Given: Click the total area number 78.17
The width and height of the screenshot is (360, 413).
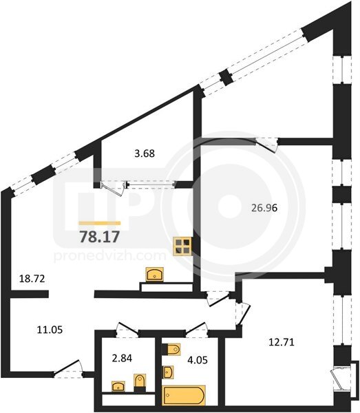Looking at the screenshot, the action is (100, 236).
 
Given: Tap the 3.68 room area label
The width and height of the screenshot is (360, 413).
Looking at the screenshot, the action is (145, 153).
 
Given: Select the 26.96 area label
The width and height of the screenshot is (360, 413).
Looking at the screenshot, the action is (264, 208).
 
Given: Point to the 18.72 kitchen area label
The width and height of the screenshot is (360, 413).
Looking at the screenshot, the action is (32, 278).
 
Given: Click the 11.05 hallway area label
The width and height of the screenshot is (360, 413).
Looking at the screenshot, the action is (50, 330).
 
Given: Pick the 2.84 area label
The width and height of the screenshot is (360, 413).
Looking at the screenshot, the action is (122, 358).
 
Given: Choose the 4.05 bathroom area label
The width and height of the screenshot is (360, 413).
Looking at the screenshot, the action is (198, 360).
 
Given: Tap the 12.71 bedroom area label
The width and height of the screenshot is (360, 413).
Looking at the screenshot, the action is (282, 342).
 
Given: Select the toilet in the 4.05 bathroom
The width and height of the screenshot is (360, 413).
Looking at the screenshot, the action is (171, 350).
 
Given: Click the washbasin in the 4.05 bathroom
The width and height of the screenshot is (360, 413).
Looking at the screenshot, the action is (168, 372).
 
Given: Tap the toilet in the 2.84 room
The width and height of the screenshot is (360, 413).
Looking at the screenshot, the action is (140, 383).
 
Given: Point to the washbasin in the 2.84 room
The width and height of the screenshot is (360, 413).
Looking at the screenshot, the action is (118, 386).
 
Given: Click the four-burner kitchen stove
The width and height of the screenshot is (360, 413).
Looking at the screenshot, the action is (182, 246).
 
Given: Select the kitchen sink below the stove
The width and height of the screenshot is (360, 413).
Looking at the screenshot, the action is (155, 274).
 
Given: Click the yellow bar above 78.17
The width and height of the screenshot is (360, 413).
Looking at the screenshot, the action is (100, 223).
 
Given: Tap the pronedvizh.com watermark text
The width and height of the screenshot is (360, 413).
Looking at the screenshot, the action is (110, 256).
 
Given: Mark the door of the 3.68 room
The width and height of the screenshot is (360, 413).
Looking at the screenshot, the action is (112, 187).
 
